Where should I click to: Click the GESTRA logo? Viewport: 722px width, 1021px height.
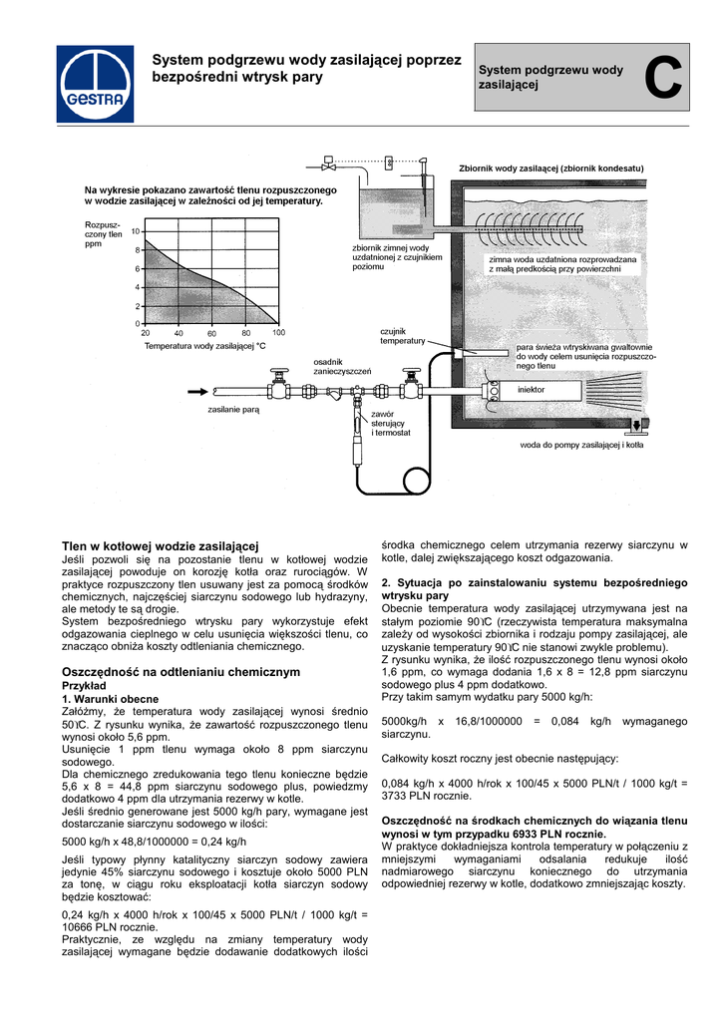pos(95,86)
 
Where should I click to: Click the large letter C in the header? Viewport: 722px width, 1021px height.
pos(663,79)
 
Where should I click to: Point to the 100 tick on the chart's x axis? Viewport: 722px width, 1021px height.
pos(279,332)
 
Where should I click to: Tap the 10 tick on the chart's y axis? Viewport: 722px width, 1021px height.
pos(135,231)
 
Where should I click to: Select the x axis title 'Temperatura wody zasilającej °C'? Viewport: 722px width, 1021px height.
pos(205,346)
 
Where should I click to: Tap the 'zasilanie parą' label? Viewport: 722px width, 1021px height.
pos(233,410)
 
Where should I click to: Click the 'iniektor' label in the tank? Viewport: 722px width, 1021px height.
pos(531,390)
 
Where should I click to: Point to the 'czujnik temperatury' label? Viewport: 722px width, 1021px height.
pos(402,336)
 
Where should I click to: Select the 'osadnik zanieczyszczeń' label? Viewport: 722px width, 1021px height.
pos(342,367)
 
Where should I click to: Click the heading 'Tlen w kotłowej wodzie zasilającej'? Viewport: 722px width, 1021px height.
pos(161,545)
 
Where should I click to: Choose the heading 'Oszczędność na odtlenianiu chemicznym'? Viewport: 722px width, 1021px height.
pos(180,672)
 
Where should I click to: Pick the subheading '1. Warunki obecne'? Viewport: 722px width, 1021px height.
pos(111,700)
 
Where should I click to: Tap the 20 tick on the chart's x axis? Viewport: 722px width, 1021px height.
pos(146,332)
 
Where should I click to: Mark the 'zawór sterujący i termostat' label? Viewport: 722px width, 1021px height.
pos(391,423)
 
